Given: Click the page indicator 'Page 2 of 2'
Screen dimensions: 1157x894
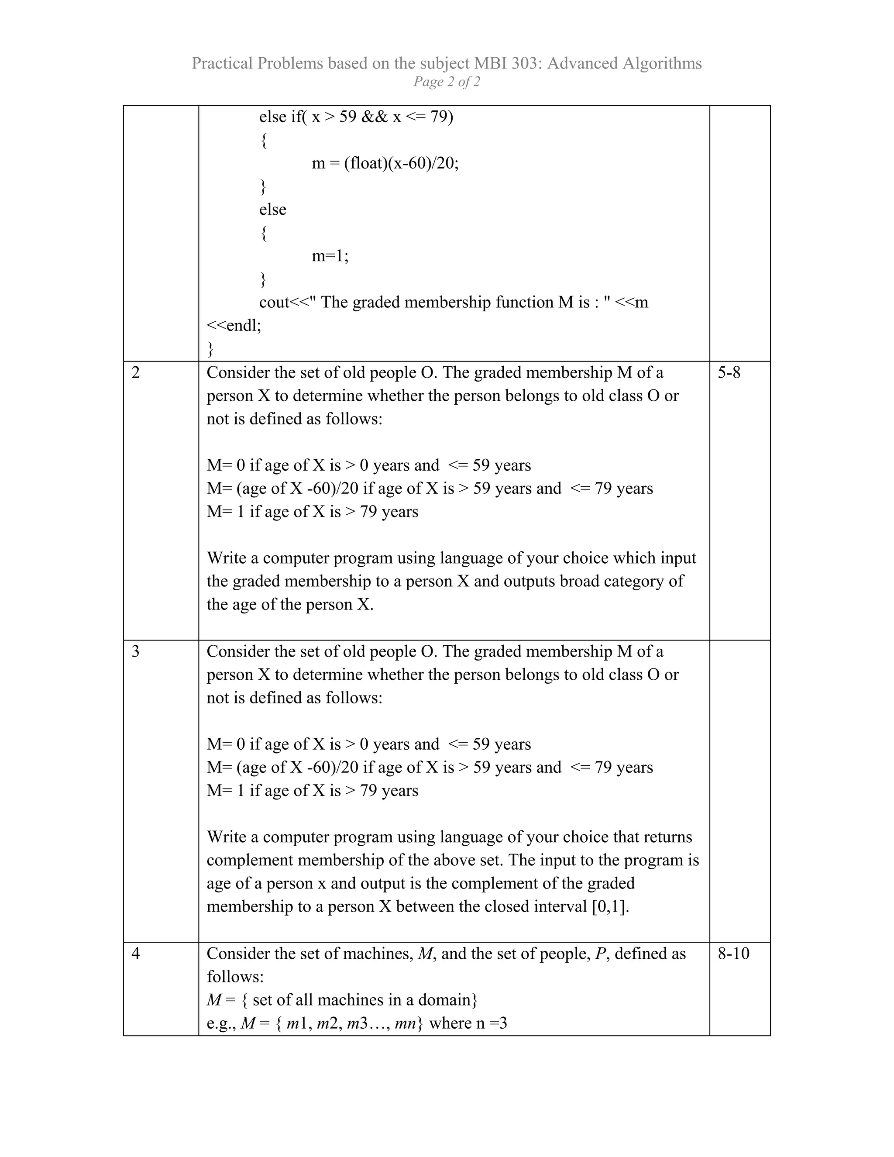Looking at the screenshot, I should (x=447, y=82).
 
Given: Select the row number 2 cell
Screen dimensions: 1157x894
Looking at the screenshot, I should (x=136, y=372).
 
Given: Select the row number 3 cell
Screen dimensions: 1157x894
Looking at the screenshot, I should (x=136, y=651).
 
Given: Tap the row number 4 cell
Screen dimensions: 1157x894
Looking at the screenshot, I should (x=136, y=953).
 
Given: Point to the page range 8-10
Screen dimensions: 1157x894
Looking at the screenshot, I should (x=733, y=953).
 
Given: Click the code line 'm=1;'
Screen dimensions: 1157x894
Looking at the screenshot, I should (x=330, y=256).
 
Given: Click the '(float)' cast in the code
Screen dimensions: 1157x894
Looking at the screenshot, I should (x=365, y=163).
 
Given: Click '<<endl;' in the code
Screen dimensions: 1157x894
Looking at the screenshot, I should (x=234, y=325).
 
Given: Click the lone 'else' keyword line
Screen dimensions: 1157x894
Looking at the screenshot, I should (x=272, y=210).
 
